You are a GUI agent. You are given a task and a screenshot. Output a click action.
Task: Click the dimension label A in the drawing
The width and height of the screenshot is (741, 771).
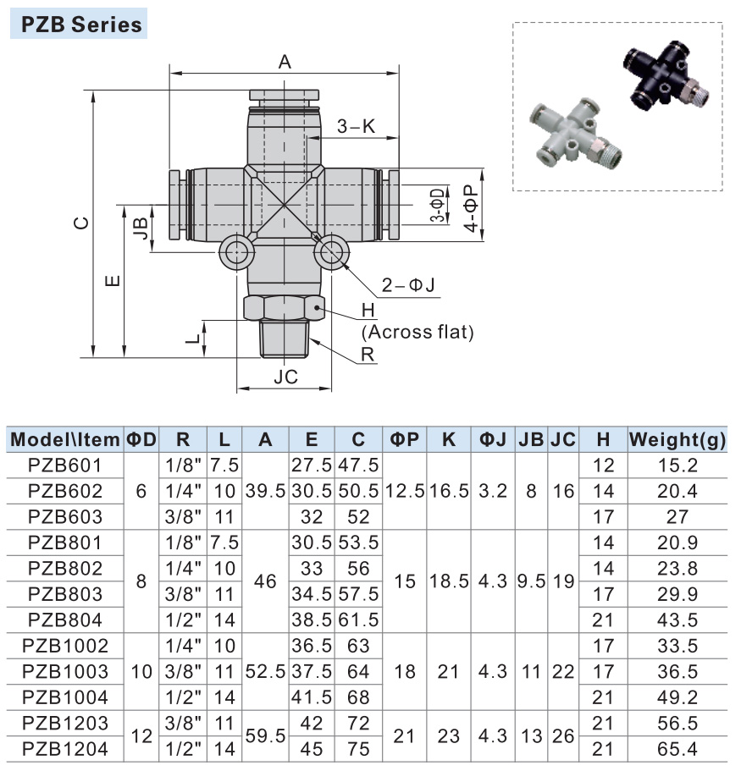click(x=285, y=61)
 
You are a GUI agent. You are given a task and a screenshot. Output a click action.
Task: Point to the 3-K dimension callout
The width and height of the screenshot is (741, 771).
click(x=356, y=127)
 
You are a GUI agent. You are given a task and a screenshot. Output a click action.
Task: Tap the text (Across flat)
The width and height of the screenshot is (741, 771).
click(x=418, y=332)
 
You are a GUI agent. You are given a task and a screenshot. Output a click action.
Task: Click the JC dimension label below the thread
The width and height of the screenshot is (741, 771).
click(x=285, y=377)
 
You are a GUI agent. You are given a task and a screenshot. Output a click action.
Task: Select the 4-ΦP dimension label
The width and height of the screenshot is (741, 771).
click(x=471, y=203)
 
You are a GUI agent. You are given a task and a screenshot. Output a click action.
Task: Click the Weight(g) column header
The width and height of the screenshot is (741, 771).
click(x=677, y=439)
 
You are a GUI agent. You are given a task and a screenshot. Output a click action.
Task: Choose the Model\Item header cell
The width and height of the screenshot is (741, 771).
click(x=65, y=439)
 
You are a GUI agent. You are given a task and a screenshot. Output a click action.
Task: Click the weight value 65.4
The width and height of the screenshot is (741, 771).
click(x=677, y=749)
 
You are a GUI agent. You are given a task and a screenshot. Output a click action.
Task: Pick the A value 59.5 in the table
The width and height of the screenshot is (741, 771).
click(x=265, y=736)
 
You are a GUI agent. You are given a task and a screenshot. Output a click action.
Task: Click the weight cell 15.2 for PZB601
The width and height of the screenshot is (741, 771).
click(x=677, y=465)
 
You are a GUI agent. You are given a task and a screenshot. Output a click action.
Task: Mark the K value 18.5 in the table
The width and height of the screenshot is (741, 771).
click(x=449, y=582)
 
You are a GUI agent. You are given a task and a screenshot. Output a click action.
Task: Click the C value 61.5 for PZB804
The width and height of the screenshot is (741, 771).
click(x=358, y=620)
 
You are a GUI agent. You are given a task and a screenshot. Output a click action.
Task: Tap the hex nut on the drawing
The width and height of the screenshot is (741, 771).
click(x=285, y=308)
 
